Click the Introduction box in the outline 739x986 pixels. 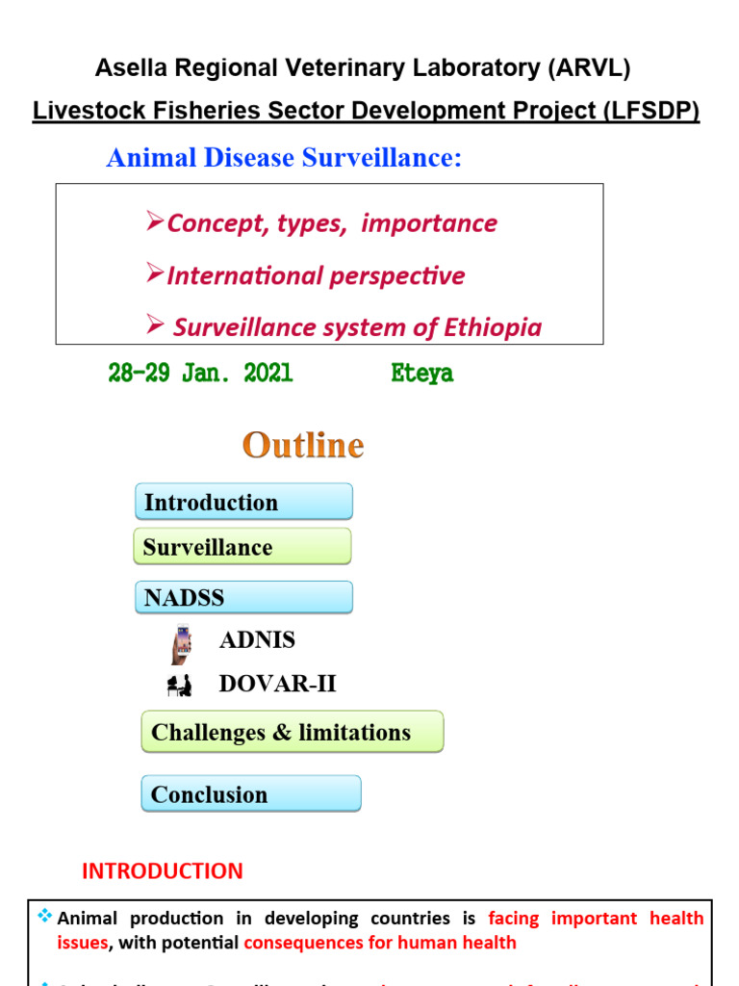[243, 502]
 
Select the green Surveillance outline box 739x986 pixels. [242, 547]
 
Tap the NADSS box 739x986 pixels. [243, 597]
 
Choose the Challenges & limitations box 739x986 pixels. [293, 732]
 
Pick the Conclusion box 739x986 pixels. [251, 794]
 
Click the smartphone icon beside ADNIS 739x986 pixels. [181, 644]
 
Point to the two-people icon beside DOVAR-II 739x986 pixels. [179, 686]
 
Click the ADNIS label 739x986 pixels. [257, 640]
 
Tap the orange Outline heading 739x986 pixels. [303, 445]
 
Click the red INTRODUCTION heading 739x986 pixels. [163, 871]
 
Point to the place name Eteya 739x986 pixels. [422, 374]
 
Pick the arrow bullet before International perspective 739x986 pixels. [155, 274]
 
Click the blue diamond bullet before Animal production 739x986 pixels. [44, 917]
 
